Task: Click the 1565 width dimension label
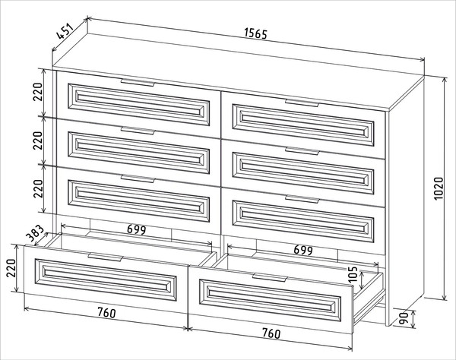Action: tap(255, 33)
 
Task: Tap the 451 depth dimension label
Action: tap(64, 31)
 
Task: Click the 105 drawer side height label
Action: tap(353, 274)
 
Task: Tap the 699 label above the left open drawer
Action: tap(136, 230)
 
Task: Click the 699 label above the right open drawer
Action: tap(303, 250)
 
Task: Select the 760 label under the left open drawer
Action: tap(106, 312)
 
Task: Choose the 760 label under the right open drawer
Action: tap(271, 333)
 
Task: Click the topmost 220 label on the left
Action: tap(38, 92)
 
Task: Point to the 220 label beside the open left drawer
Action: tap(11, 268)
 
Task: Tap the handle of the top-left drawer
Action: tap(138, 83)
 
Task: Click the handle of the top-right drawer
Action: tap(302, 103)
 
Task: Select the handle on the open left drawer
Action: tap(106, 257)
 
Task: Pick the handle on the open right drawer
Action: tap(270, 277)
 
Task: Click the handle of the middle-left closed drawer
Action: tap(138, 131)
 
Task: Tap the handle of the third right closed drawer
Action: tap(302, 199)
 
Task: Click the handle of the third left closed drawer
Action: tap(138, 178)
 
